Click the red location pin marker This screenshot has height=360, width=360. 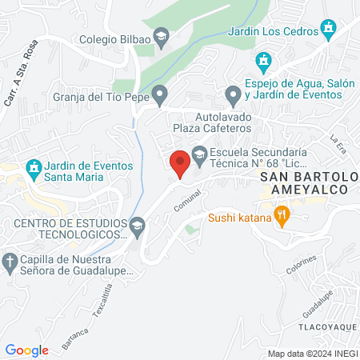click(180, 163)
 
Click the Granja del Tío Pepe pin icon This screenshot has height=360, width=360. click(161, 96)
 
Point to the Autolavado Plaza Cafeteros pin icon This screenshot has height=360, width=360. click(233, 97)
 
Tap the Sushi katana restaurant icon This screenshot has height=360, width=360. click(281, 215)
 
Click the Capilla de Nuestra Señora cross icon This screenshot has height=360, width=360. click(10, 262)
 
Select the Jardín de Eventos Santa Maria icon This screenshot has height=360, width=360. click(33, 167)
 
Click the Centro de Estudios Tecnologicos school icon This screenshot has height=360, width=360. click(138, 226)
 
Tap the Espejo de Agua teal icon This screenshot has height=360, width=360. click(262, 61)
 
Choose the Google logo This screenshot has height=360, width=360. click(27, 350)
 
